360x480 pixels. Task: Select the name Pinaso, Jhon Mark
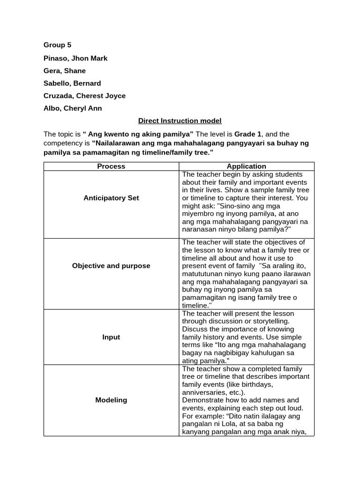(75, 58)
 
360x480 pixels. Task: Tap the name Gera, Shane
(65, 71)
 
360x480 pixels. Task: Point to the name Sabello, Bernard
(72, 83)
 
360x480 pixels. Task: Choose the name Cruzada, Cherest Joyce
(84, 96)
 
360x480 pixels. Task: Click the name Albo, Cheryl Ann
(73, 108)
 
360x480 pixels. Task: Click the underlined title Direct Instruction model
(180, 121)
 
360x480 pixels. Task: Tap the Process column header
(111, 166)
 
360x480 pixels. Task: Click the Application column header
(246, 166)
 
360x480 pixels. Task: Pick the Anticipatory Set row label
(111, 198)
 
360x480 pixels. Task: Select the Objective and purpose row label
(111, 266)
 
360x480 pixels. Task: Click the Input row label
(111, 337)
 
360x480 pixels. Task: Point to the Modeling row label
(111, 400)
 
